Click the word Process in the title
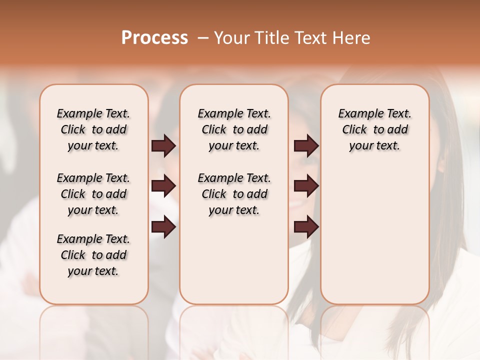[154, 37]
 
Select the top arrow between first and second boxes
[163, 145]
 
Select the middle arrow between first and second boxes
[163, 186]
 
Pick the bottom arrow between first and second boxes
[163, 227]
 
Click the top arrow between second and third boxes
[306, 145]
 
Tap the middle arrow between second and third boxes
[306, 186]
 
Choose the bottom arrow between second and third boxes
[306, 227]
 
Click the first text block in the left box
[93, 129]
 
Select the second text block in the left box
[93, 194]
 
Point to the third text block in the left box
[93, 255]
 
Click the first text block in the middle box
[234, 129]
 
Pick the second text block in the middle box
[234, 194]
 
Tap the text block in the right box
[375, 129]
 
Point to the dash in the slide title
[203, 38]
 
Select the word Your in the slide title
[229, 38]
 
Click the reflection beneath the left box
[94, 325]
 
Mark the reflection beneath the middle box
[234, 325]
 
